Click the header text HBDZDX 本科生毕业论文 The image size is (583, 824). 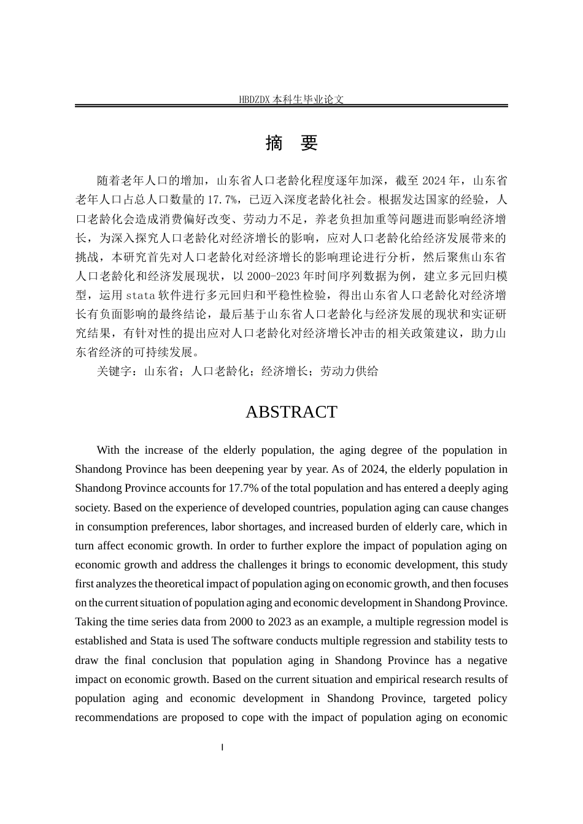pos(291,99)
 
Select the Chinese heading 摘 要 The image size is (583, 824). pos(291,143)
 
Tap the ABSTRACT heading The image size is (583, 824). pos(291,412)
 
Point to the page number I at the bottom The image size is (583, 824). pos(222,747)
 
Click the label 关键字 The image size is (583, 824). pos(114,372)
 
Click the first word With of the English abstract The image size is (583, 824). pos(108,450)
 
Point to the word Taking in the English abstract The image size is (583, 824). pos(91,622)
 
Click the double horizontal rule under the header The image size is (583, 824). pos(291,106)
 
